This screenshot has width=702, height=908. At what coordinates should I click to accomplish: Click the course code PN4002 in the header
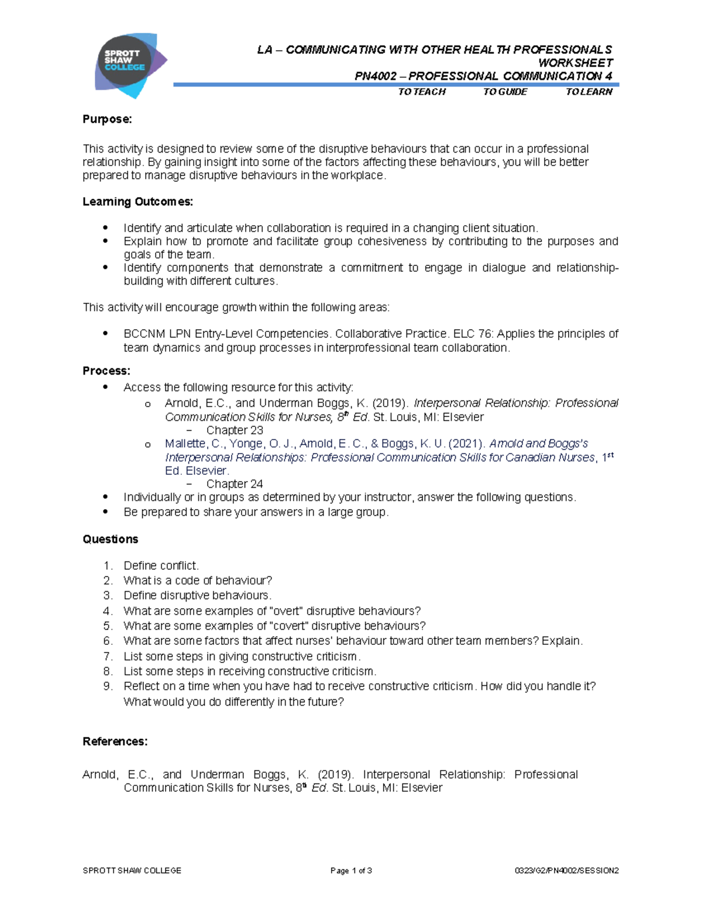pos(376,76)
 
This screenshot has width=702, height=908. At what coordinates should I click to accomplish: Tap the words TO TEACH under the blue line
pos(421,92)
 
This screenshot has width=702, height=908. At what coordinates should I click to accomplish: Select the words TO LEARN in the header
pos(589,92)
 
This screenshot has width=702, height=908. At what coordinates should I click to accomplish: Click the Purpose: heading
pos(107,119)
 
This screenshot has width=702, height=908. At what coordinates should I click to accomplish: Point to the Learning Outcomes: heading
pos(137,202)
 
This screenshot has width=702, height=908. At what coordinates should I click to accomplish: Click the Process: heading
pos(106,371)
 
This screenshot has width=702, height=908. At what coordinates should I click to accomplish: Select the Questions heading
pos(111,539)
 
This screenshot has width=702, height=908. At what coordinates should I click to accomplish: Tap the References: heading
pos(115,741)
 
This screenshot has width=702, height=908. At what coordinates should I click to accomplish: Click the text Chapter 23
pos(234,430)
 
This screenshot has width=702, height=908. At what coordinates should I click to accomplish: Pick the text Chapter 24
pos(234,484)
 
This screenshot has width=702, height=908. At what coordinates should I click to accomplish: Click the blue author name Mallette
pos(185,444)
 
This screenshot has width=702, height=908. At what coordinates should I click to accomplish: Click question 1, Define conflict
pos(161,565)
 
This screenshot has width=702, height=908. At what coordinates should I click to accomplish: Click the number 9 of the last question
pos(107,686)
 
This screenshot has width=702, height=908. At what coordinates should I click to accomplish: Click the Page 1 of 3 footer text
pos(351,871)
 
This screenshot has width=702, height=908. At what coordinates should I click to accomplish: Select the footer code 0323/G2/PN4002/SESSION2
pos(566,871)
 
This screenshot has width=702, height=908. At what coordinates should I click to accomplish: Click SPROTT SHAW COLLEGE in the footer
pos(132,871)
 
